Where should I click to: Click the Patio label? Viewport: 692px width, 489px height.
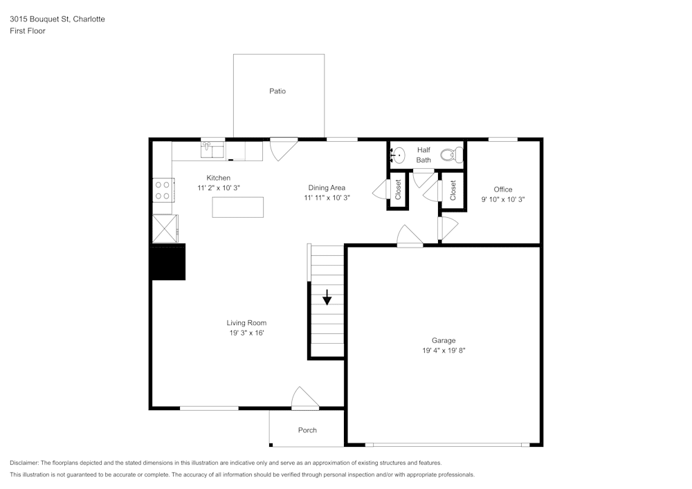coord(277,91)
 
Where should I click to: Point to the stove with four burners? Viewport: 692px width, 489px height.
coord(163,190)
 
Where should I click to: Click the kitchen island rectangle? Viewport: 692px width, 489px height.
coord(238,207)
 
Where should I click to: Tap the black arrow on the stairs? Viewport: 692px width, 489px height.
coord(327,297)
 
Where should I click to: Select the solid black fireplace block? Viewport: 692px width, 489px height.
coord(168,262)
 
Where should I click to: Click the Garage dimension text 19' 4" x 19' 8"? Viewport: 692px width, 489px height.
coord(444,351)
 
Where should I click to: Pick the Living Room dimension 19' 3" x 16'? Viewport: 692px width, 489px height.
coord(246,333)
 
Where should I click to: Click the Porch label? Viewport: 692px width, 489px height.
coord(307,430)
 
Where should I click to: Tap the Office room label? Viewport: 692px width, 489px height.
coord(503,190)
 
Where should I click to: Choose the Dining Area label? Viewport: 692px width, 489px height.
coord(327,187)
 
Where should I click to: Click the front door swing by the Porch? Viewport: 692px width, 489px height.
coord(304,399)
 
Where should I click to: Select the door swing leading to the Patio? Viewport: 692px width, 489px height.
coord(282,147)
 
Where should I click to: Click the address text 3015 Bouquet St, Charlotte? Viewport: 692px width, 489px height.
coord(57,19)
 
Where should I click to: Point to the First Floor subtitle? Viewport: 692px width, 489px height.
coord(28,31)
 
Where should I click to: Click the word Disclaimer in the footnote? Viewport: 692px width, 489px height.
coord(25,463)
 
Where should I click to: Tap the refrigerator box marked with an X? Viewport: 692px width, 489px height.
coord(164,228)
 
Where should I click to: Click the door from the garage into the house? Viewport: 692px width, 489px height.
coord(410,237)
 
